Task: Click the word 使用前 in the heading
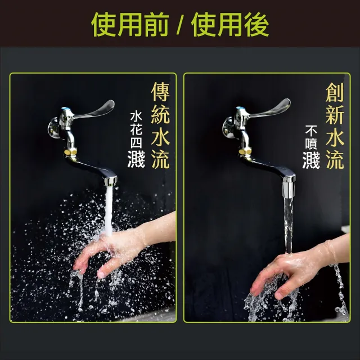pyautogui.click(x=130, y=25)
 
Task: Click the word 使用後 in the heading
pyautogui.click(x=230, y=25)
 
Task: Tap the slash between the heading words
pyautogui.click(x=180, y=25)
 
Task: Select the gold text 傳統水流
pyautogui.click(x=160, y=125)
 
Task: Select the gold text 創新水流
pyautogui.click(x=335, y=125)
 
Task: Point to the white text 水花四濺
pyautogui.click(x=136, y=139)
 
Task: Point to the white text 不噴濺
pyautogui.click(x=311, y=146)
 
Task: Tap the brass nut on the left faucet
pyautogui.click(x=70, y=152)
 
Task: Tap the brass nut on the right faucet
pyautogui.click(x=245, y=151)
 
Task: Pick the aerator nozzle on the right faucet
pyautogui.click(x=289, y=187)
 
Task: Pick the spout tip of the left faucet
pyautogui.click(x=110, y=181)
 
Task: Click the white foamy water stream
pyautogui.click(x=109, y=211)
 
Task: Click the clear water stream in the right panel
pyautogui.click(x=289, y=226)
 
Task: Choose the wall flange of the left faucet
pyautogui.click(x=53, y=128)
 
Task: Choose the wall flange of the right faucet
pyautogui.click(x=228, y=128)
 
